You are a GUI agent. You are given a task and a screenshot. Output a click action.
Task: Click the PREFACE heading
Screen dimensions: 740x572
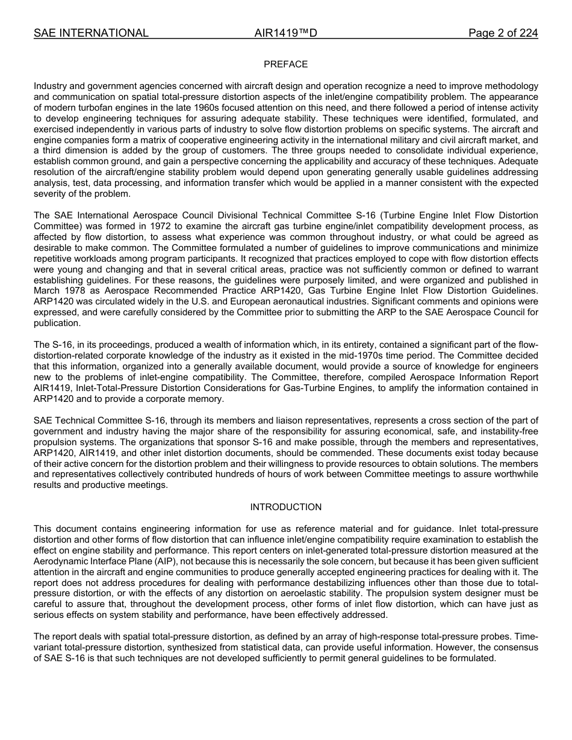(x=285, y=64)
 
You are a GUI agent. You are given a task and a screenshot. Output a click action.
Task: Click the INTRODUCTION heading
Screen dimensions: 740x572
(x=285, y=507)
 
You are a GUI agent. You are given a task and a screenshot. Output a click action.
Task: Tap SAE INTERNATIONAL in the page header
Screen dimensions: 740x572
(x=91, y=33)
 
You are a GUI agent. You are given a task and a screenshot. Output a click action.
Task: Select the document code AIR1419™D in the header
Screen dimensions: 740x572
(x=285, y=33)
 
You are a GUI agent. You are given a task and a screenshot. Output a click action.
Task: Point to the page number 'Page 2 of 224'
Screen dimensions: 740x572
(x=503, y=33)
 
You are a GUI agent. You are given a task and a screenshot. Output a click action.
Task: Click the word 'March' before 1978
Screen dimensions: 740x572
(x=46, y=291)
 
